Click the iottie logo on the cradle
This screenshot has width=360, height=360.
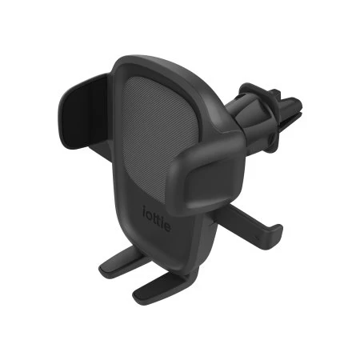pyautogui.click(x=158, y=216)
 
